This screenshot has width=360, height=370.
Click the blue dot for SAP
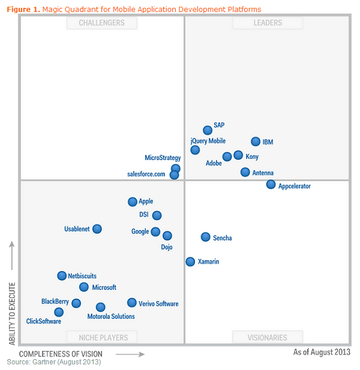coord(208,130)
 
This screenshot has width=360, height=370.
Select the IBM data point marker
coord(256,142)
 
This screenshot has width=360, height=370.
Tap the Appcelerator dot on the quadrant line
coord(271,184)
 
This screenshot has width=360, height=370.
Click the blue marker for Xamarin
coord(190,261)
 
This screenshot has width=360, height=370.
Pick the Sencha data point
coord(206,237)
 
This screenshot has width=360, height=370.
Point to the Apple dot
coord(133,202)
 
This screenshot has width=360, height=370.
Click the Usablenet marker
coord(97,228)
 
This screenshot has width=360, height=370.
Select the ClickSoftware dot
coord(59,312)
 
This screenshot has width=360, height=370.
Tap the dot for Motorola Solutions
coord(101,307)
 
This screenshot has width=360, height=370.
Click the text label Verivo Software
coord(158,303)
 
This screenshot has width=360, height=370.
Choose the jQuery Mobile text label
coord(208,141)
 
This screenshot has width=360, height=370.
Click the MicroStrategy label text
coord(163,158)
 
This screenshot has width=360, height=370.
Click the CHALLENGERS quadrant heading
coord(102,23)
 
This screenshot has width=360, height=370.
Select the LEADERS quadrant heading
coord(267,23)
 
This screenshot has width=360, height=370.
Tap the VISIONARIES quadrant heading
coord(267,338)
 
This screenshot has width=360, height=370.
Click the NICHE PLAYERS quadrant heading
coord(102,338)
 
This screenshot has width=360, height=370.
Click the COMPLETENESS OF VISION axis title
coord(61,354)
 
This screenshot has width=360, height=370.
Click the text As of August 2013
coord(321,352)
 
